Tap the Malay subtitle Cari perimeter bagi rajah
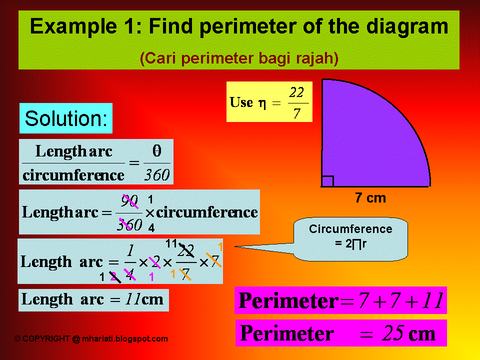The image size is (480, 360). point(239,58)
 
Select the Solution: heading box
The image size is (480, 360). point(66,118)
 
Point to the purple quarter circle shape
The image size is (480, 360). point(365,140)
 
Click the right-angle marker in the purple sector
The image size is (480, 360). point(327,181)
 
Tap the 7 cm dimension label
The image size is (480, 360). point(370,198)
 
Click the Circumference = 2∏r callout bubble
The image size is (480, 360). point(350,236)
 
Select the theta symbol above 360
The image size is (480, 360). point(156,150)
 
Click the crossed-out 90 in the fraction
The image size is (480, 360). point(129,201)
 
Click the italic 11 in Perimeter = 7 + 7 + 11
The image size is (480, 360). point(431,301)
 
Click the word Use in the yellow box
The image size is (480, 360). point(241,102)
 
